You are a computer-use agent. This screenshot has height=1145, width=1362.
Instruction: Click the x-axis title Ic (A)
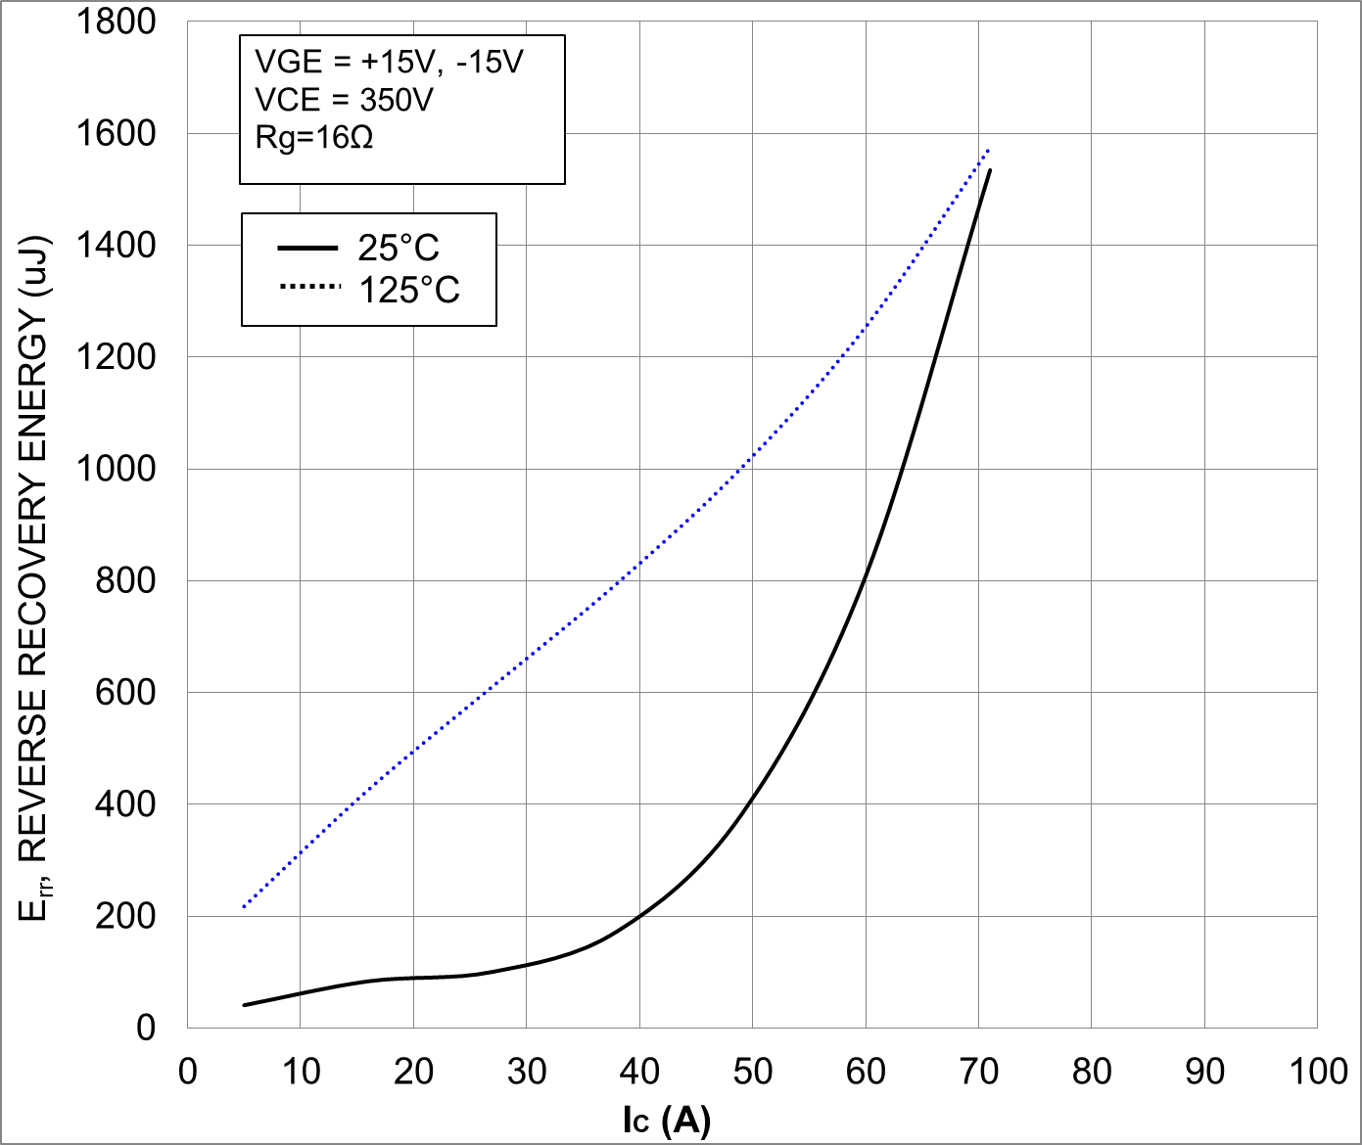click(x=666, y=1120)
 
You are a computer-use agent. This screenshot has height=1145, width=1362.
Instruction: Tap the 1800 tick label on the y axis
click(x=117, y=22)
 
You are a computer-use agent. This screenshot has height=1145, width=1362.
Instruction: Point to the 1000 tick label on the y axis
click(x=117, y=469)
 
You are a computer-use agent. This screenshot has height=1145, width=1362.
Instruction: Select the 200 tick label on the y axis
click(x=125, y=916)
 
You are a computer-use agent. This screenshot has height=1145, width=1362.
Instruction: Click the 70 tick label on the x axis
click(x=978, y=1073)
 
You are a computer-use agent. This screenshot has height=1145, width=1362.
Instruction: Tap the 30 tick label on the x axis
click(x=527, y=1073)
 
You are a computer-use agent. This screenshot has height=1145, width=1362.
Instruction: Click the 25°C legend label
click(x=399, y=248)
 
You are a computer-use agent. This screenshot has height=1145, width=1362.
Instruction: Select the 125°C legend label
click(x=409, y=291)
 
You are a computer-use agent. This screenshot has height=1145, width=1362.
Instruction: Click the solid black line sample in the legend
click(x=307, y=248)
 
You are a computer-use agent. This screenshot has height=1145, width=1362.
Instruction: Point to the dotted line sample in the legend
click(x=309, y=287)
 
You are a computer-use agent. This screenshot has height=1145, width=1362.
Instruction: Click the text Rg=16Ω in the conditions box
click(x=314, y=137)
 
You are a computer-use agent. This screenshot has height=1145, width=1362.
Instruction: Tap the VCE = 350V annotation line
click(x=344, y=100)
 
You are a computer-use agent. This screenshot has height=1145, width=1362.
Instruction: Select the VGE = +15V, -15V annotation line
click(x=389, y=62)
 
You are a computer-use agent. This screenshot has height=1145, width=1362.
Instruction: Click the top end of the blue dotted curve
click(x=989, y=151)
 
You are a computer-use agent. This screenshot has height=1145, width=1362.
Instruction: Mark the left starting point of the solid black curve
click(x=244, y=1005)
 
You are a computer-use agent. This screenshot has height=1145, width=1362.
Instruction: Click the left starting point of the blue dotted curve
click(x=244, y=907)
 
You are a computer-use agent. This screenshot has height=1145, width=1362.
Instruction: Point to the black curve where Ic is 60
click(x=866, y=577)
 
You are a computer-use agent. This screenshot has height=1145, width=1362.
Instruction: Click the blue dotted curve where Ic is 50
click(x=753, y=457)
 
